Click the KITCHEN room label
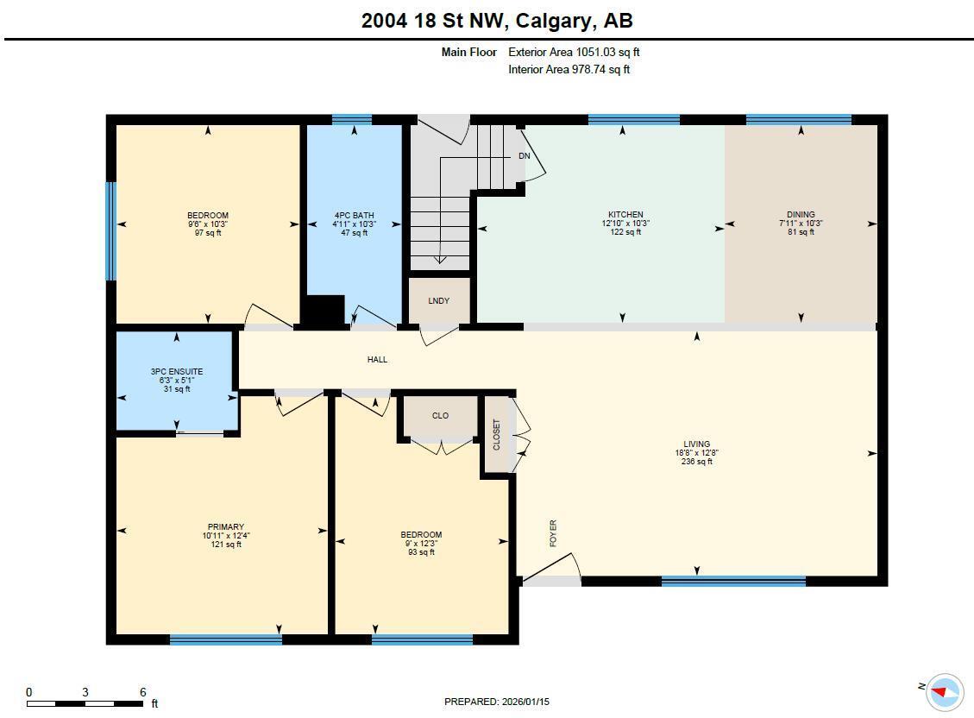(625, 215)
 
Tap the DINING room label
(801, 215)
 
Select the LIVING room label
(696, 444)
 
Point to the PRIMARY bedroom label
(225, 527)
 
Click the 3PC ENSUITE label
(177, 372)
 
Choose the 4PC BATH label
(354, 216)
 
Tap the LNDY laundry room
(439, 301)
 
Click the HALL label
(377, 359)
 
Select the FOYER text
(553, 532)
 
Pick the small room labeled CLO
(440, 416)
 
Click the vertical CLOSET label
(496, 434)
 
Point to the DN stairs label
(524, 156)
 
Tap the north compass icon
(945, 690)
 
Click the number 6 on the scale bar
(142, 692)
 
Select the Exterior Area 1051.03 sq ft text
(574, 52)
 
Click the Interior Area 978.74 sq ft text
(569, 70)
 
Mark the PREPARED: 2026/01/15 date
(496, 702)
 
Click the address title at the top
(497, 21)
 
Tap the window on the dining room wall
(798, 120)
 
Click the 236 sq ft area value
(696, 462)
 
